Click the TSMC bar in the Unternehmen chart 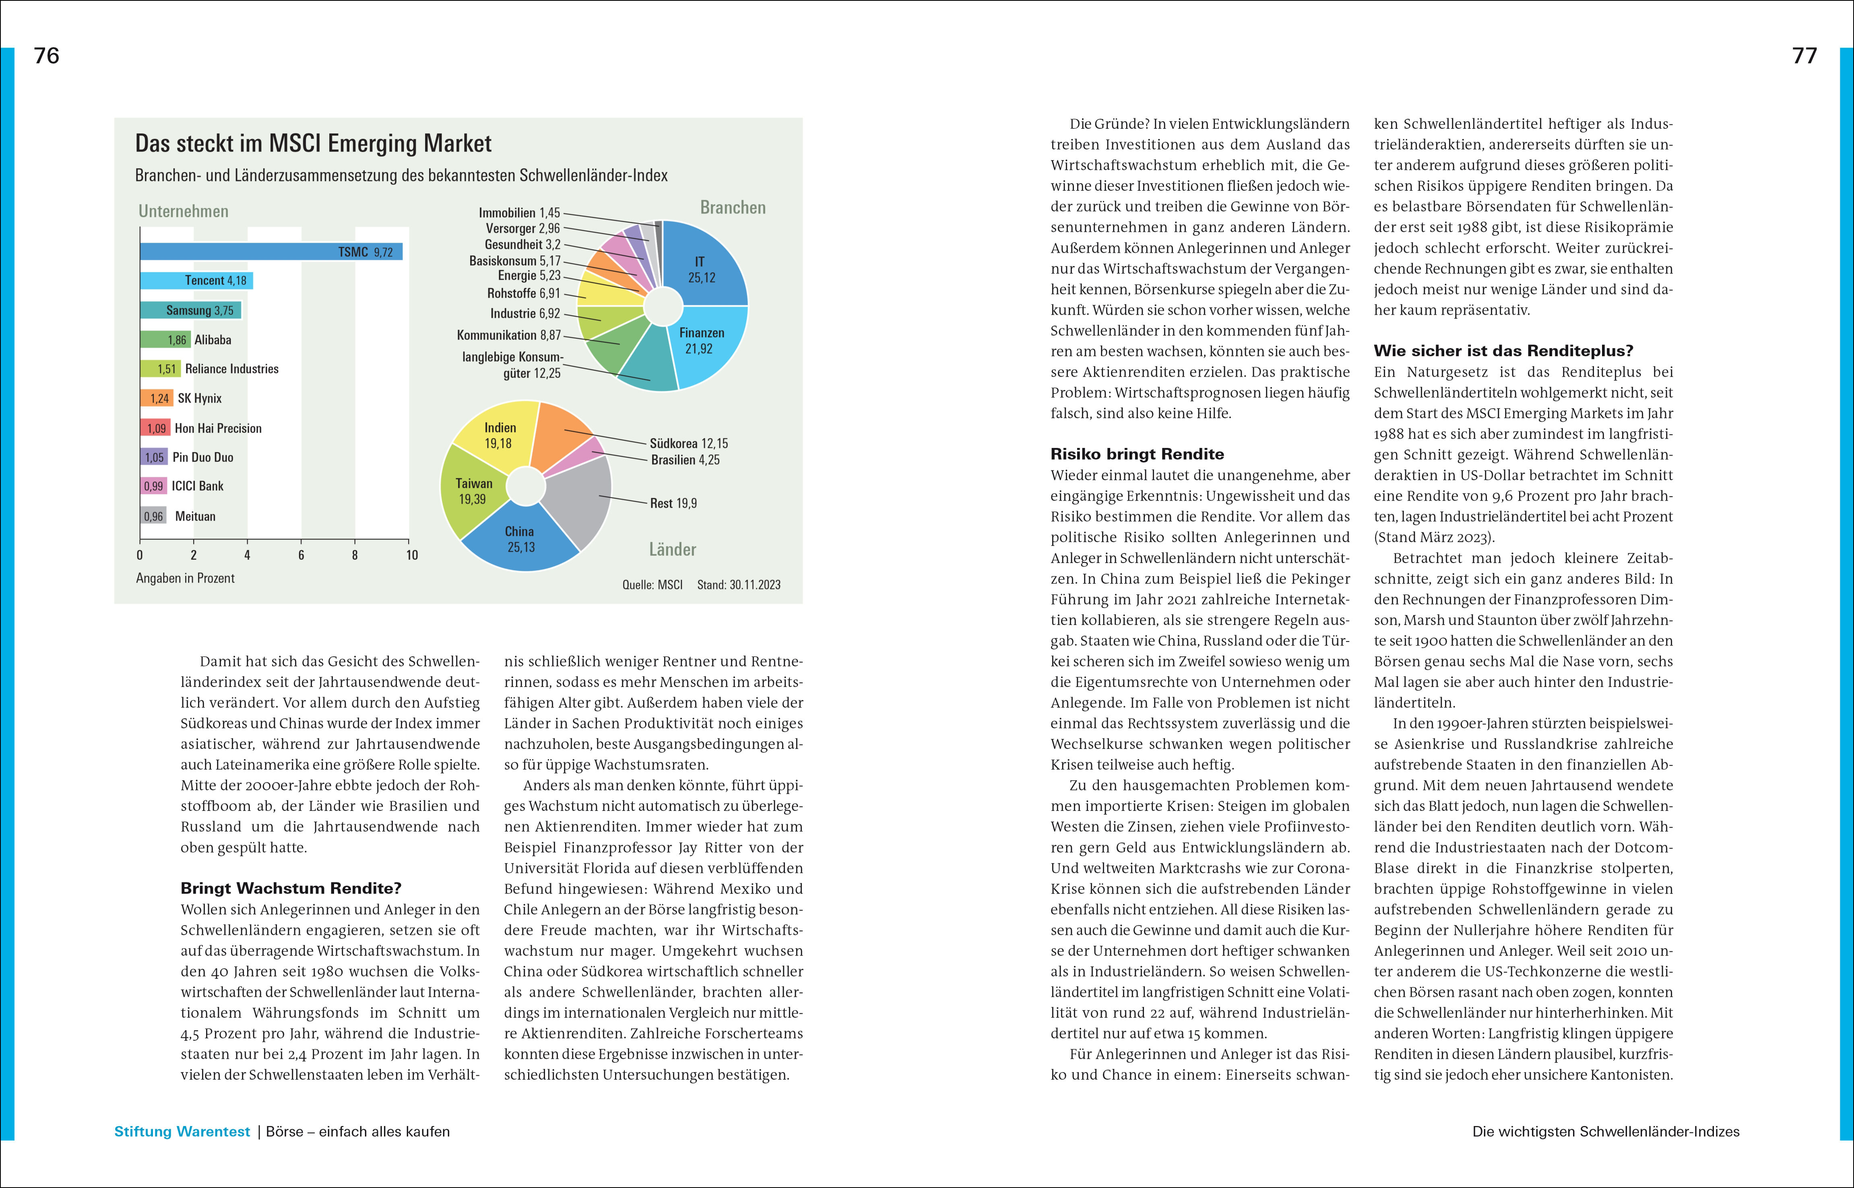coord(270,252)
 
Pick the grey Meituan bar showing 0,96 coord(153,516)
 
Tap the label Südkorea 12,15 coord(688,443)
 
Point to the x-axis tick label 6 coord(301,555)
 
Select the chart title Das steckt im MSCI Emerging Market coord(313,144)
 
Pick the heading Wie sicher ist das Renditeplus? coord(1503,351)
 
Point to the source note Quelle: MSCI coord(652,585)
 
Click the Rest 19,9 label coord(673,503)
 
